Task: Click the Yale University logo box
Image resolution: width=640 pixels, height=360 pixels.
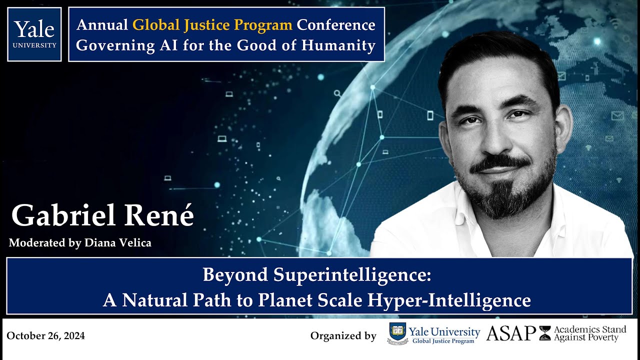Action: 34,34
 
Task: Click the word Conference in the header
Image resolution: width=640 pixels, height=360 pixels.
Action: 335,24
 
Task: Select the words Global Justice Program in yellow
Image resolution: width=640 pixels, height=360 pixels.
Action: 212,24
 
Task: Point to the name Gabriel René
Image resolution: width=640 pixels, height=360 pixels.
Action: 102,216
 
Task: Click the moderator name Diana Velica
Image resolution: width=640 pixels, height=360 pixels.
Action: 117,243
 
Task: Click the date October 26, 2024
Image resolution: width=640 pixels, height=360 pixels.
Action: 46,336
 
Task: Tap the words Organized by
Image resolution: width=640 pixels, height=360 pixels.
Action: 343,336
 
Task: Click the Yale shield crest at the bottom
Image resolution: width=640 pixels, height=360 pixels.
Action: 397,333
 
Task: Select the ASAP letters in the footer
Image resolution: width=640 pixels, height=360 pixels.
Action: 510,333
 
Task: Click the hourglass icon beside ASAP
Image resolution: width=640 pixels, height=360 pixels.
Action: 544,333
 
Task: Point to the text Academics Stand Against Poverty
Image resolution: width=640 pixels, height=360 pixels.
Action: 589,333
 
